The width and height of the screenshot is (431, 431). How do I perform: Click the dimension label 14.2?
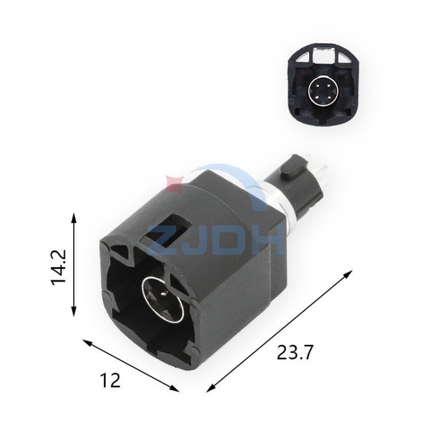(58, 267)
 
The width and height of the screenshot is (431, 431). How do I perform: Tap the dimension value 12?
(110, 380)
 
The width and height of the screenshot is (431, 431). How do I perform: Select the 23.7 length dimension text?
(295, 352)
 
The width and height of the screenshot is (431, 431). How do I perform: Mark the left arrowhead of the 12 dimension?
(88, 343)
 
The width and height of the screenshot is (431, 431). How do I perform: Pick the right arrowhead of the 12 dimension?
(174, 388)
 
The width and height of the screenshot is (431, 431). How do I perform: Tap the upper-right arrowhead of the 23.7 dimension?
(347, 275)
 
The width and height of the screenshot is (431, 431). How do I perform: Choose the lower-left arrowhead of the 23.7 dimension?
(211, 387)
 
